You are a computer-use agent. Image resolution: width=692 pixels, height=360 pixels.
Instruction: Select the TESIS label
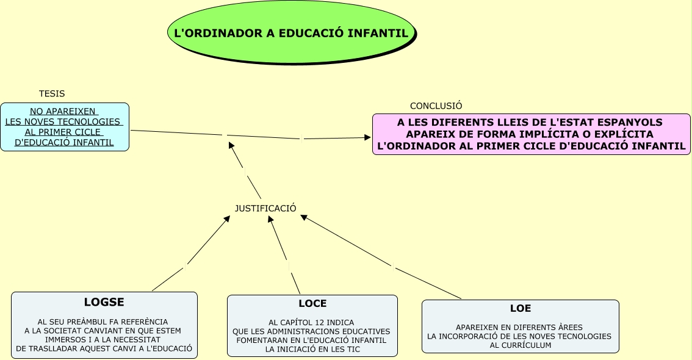(x=52, y=94)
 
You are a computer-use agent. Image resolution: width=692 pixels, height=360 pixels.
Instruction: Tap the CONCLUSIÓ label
(x=436, y=106)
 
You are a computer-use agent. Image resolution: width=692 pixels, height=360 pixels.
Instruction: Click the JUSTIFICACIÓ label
(x=265, y=209)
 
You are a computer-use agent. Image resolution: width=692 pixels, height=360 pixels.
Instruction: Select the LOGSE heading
(x=104, y=302)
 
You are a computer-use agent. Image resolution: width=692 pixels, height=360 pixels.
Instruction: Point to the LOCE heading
(x=312, y=304)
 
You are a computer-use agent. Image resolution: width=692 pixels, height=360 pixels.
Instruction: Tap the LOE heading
(x=521, y=309)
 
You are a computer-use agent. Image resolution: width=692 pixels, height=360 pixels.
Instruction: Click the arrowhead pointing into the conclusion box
(x=368, y=138)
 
